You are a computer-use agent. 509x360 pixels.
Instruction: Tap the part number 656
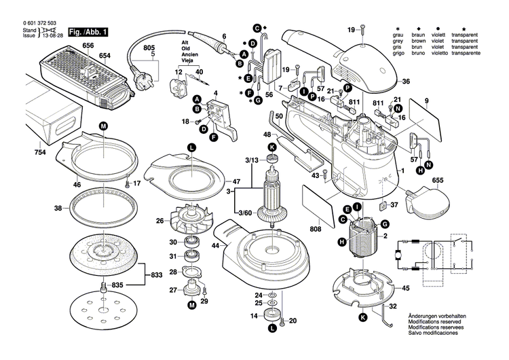tap(88, 45)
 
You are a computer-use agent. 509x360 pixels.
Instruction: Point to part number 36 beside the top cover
tap(406, 82)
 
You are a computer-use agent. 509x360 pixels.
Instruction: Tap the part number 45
tap(406, 288)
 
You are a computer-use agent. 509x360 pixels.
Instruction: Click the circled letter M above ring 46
tap(103, 126)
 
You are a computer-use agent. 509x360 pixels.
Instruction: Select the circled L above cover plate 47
tap(191, 148)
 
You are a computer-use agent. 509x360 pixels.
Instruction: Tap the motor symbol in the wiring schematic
tap(400, 255)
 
